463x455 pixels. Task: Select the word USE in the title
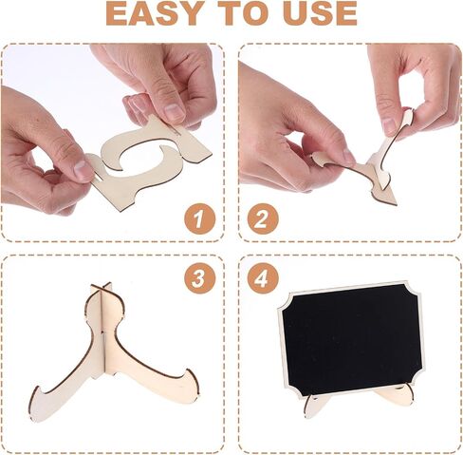point(320,13)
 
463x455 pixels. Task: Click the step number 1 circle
point(200,219)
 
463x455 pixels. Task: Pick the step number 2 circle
point(263,219)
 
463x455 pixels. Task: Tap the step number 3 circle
point(200,278)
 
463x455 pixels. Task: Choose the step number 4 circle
point(263,278)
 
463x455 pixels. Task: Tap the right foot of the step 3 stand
point(187,387)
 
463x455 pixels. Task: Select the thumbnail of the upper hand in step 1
point(174,112)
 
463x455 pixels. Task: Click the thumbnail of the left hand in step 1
point(83,170)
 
